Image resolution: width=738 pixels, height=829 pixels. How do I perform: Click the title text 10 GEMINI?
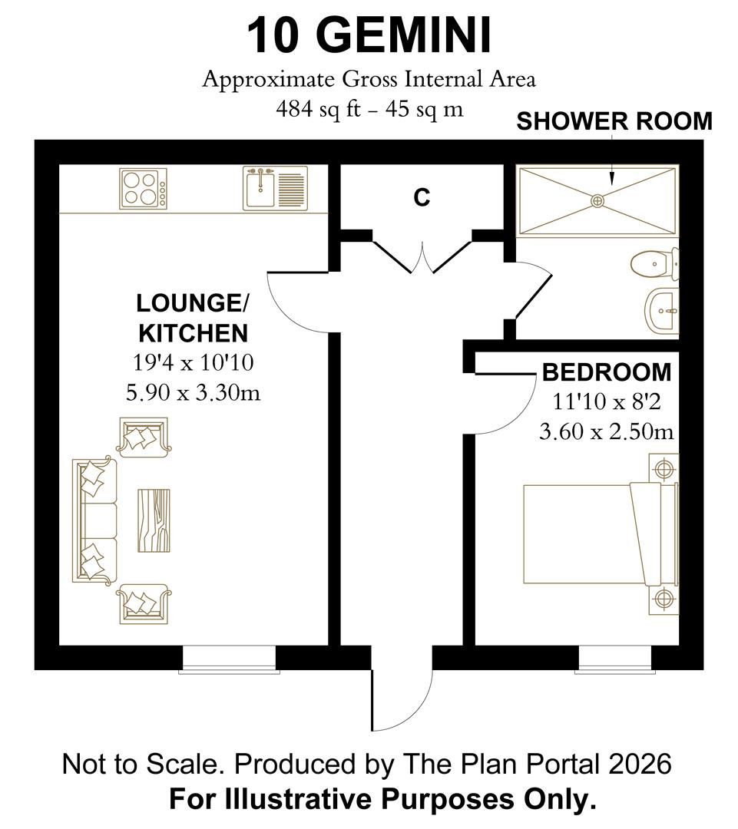point(369,36)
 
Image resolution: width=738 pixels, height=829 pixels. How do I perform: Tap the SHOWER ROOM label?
point(614,122)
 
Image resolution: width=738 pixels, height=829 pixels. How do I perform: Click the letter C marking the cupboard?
point(422,198)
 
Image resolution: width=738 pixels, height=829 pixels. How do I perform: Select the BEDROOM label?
point(607,372)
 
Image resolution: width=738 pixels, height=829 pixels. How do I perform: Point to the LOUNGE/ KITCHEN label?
point(192,318)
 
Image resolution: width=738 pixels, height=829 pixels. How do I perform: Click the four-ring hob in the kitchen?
point(143,188)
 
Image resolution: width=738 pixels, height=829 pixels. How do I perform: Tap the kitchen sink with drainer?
point(275,188)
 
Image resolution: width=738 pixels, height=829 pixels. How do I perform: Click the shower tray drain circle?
point(597,200)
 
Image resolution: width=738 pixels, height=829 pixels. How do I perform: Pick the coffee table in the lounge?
point(154,520)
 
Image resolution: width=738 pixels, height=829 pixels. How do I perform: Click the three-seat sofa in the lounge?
point(94,520)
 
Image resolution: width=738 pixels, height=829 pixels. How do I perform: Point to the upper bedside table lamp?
point(663,466)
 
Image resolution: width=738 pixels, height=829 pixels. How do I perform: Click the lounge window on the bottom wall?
point(228,659)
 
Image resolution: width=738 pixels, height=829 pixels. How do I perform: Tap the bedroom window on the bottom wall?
point(614,659)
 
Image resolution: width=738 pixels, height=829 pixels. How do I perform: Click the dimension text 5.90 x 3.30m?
point(193,393)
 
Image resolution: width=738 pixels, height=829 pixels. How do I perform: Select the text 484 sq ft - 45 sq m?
point(369,109)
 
